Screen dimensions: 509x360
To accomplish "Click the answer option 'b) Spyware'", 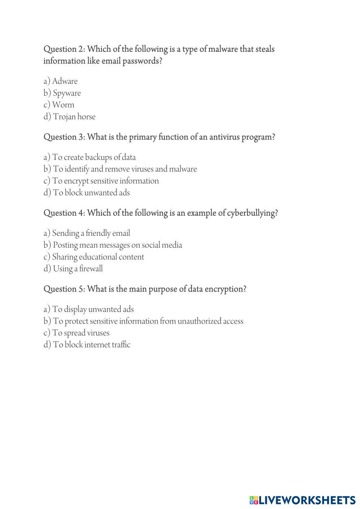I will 62,93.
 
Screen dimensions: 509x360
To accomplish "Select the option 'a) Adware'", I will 60,81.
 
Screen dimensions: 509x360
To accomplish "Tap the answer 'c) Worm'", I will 59,105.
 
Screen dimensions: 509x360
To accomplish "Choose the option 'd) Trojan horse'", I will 69,117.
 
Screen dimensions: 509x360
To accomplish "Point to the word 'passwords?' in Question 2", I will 143,61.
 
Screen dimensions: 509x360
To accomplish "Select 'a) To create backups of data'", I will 90,157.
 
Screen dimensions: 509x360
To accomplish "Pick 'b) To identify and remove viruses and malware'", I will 120,169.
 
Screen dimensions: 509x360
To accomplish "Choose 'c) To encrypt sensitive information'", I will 101,181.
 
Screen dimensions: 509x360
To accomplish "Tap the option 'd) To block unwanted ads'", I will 87,193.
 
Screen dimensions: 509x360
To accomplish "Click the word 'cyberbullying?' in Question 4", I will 252,213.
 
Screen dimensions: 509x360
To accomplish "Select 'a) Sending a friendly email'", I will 87,233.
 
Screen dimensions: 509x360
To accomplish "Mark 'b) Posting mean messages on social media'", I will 113,245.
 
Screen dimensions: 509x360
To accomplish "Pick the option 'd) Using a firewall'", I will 73,269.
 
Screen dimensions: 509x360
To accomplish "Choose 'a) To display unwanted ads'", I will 89,309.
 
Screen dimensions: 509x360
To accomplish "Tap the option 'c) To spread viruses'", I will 76,333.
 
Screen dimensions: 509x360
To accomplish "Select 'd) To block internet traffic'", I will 87,345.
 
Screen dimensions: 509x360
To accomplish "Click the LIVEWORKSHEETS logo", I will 302,500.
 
